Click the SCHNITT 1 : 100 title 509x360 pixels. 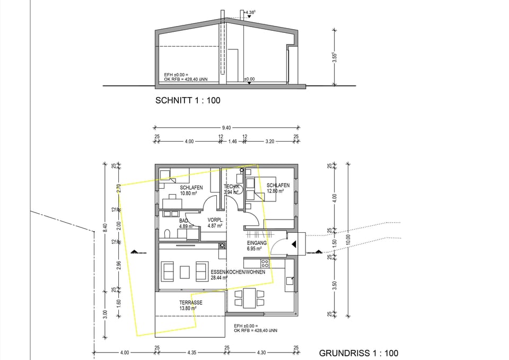point(187,100)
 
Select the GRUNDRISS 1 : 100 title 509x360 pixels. point(358,353)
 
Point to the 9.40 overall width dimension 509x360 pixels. point(226,127)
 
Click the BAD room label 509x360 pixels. point(183,221)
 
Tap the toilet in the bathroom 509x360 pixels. point(166,234)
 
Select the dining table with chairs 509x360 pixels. point(248,298)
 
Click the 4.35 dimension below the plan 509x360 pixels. point(192,353)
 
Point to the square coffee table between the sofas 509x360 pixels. point(185,272)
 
